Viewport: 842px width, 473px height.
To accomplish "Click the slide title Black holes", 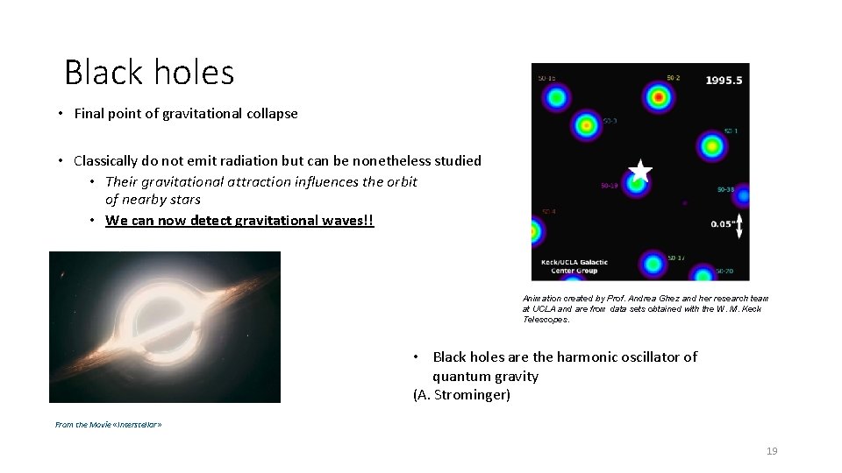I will (149, 72).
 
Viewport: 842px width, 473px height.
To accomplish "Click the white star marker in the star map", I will (640, 171).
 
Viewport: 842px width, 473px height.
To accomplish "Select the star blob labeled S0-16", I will (555, 97).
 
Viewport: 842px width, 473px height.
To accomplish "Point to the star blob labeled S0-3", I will (587, 126).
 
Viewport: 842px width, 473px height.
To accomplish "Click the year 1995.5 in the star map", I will (724, 80).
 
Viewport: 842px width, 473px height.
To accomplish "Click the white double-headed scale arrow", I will (739, 225).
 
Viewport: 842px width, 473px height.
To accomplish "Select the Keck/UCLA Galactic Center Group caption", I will (574, 266).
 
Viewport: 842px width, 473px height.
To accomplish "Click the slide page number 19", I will (772, 451).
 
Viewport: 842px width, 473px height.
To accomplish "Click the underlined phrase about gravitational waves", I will (239, 220).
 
